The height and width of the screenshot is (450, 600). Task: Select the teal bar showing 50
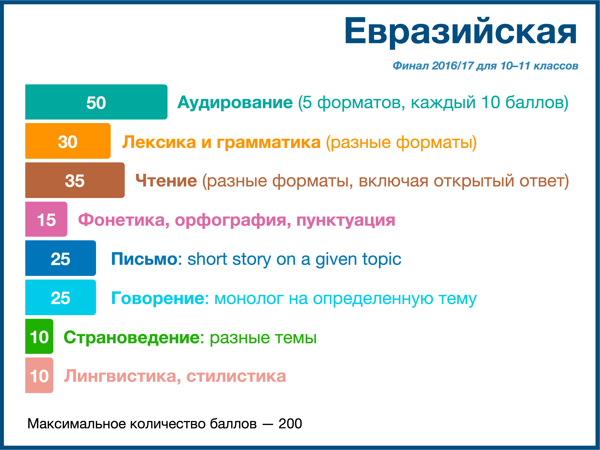[96, 102]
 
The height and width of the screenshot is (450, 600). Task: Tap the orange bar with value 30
[68, 141]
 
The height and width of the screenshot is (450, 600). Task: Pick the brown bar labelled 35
[75, 180]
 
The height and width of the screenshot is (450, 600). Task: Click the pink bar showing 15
[46, 219]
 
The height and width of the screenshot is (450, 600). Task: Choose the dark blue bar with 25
[60, 258]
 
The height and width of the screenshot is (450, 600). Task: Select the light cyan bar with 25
[60, 297]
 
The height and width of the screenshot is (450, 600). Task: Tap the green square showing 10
[39, 336]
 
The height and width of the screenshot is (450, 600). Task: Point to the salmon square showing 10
[39, 375]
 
